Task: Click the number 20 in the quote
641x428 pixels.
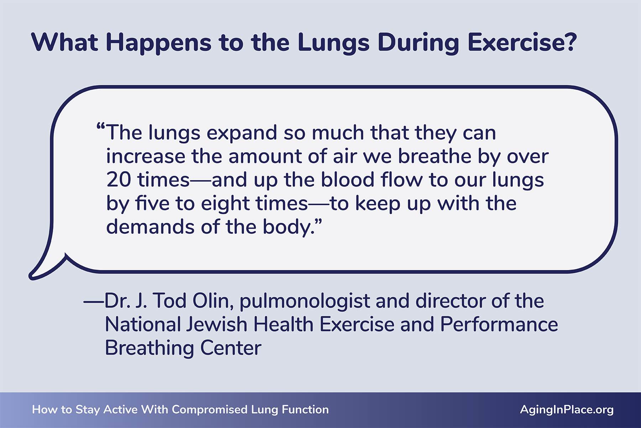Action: [x=119, y=180]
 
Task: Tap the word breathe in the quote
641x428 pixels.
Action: [x=434, y=156]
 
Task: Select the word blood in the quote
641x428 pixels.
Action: [x=347, y=180]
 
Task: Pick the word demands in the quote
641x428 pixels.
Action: [x=150, y=227]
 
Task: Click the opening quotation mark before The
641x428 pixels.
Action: [x=101, y=128]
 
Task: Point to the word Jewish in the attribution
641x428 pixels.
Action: [x=217, y=325]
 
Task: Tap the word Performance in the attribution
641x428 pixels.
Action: [x=499, y=325]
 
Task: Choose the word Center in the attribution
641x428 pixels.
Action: [x=231, y=348]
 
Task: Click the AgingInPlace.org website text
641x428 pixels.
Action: [x=567, y=410]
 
